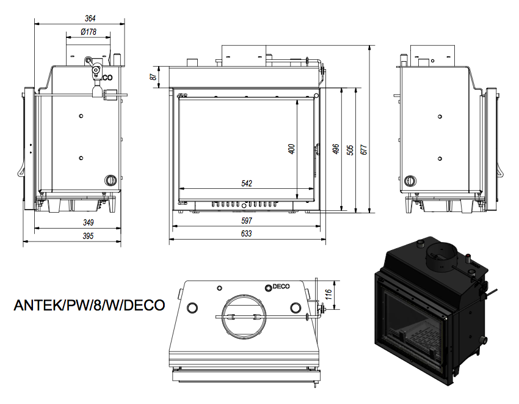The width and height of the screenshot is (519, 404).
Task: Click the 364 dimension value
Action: [x=90, y=18]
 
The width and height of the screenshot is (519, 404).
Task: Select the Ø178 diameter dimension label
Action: [x=89, y=32]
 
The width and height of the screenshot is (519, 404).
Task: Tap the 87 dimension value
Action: [x=153, y=77]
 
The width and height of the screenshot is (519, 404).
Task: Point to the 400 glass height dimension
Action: [x=292, y=149]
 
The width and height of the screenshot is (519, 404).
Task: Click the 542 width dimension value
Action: [x=247, y=183]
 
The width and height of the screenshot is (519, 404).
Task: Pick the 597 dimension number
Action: [x=247, y=221]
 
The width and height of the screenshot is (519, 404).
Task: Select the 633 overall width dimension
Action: [x=246, y=233]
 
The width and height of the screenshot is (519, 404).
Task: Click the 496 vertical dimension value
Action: [x=336, y=149]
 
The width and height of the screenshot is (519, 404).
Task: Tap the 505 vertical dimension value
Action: [x=350, y=150]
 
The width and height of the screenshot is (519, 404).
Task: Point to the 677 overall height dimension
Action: [x=364, y=150]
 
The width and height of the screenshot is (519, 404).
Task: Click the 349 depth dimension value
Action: [x=88, y=222]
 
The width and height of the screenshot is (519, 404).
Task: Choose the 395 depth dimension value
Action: [x=88, y=236]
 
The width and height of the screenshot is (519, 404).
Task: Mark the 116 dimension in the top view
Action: [x=328, y=295]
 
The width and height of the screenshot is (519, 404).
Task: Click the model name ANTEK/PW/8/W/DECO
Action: [x=89, y=305]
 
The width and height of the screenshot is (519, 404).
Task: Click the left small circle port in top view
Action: [x=192, y=308]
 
